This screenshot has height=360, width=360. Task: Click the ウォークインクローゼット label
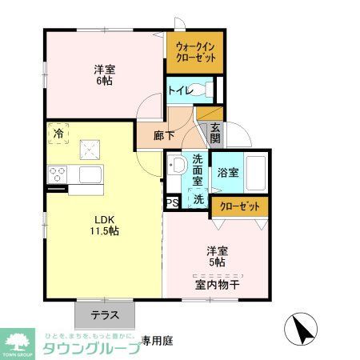click(194, 53)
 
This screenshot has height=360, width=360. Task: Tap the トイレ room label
click(178, 90)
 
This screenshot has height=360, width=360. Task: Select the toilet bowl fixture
click(206, 89)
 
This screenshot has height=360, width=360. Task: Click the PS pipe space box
click(171, 203)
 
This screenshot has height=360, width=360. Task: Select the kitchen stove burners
click(58, 174)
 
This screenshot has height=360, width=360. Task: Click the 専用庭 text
click(158, 340)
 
